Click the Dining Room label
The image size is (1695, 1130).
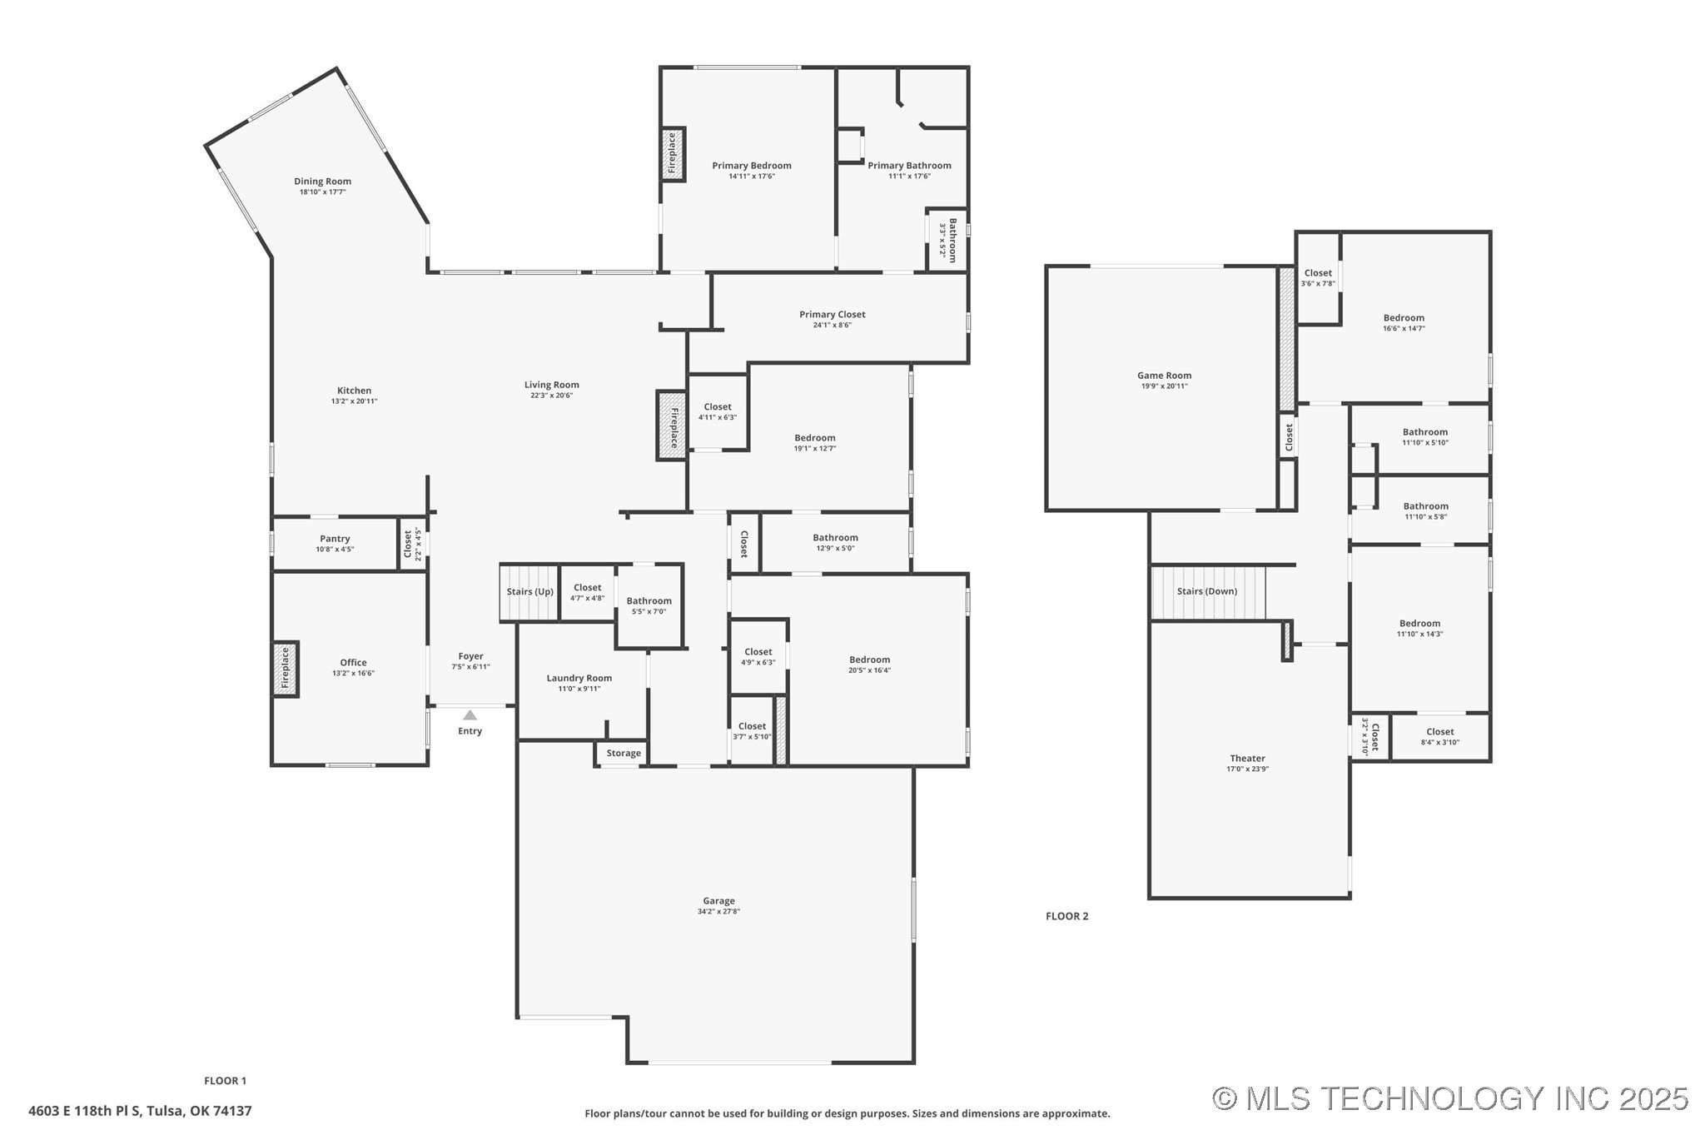tap(322, 182)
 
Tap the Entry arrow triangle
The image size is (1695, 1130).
tap(470, 715)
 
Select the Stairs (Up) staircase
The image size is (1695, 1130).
tap(529, 592)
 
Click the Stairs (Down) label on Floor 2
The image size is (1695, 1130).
tap(1206, 591)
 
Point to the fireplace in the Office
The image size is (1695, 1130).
tap(285, 669)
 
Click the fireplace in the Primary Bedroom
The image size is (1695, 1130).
tap(673, 154)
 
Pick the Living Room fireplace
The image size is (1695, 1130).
tap(672, 426)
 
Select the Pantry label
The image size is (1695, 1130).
tap(335, 539)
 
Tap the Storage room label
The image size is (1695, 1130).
tap(624, 753)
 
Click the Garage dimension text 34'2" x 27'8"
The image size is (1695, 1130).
tap(718, 911)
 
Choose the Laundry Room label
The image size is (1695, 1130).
tap(579, 678)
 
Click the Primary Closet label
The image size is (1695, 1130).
tap(832, 314)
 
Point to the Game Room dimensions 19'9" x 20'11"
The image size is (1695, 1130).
tap(1164, 386)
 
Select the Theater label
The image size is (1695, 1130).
tap(1247, 758)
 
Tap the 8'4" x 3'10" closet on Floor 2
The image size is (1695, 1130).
tap(1439, 737)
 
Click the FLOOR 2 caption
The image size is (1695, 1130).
tap(1066, 916)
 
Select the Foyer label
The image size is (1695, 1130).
tap(470, 656)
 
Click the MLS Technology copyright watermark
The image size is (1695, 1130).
tap(1449, 1098)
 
